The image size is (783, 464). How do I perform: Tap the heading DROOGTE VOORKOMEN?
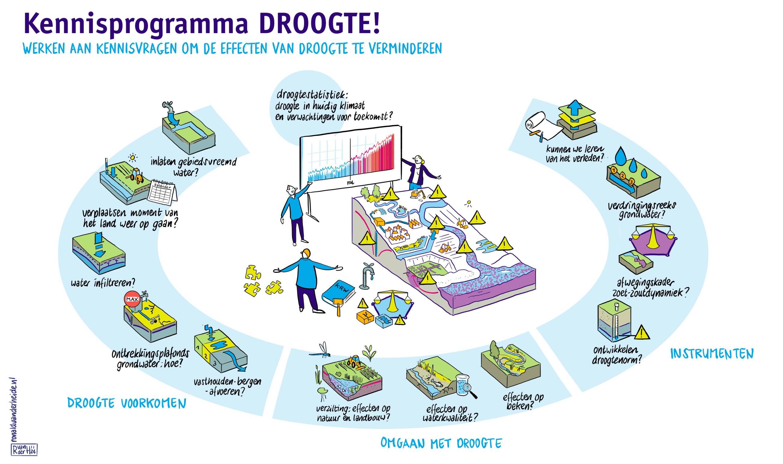tap(127, 403)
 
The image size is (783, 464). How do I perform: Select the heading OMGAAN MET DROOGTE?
tap(441, 443)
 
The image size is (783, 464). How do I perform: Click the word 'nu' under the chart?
tap(350, 182)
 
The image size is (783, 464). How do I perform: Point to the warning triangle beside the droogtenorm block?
tap(642, 333)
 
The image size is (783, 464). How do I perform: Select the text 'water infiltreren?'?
tap(103, 283)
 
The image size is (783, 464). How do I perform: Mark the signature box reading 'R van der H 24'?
tap(24, 450)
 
